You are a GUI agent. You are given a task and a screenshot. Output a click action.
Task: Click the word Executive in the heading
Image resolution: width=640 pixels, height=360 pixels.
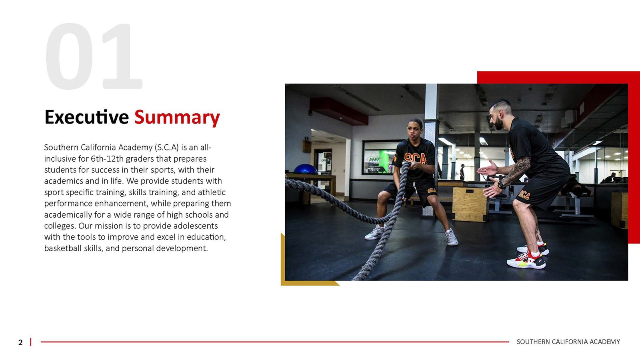86,117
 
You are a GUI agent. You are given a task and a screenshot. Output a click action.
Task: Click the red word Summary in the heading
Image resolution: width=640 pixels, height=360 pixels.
177,118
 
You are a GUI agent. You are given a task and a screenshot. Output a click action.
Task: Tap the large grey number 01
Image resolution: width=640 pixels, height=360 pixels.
94,56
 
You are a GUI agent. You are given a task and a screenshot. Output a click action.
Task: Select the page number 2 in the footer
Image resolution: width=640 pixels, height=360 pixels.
20,342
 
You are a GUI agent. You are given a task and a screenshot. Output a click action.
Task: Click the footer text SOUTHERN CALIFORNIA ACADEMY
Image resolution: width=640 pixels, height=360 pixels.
568,342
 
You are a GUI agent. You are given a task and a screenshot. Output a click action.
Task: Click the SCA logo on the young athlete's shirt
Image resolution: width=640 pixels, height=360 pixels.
416,158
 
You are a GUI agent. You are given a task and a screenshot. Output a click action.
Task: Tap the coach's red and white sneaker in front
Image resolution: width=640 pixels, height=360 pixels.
526,260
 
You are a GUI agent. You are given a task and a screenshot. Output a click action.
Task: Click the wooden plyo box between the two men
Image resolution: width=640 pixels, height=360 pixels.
470,204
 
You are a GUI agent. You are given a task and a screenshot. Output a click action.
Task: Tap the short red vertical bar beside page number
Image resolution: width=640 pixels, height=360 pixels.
30,342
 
